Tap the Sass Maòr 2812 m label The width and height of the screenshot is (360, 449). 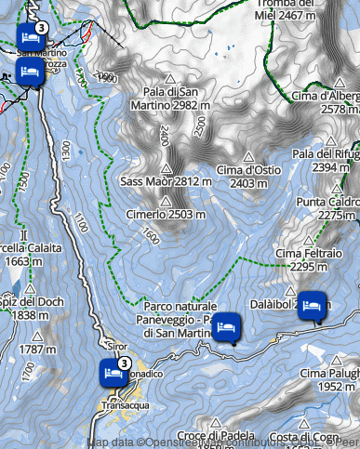(x=167, y=181)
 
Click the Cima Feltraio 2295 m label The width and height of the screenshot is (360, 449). (x=308, y=259)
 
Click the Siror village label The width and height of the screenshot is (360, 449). (x=116, y=346)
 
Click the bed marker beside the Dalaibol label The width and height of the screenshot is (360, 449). (x=313, y=305)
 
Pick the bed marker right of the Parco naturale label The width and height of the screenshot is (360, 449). (x=227, y=327)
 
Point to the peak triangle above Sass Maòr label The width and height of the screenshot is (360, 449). (x=167, y=168)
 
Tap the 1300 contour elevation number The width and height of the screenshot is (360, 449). (x=65, y=149)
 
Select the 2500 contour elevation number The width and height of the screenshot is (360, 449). (x=198, y=127)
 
